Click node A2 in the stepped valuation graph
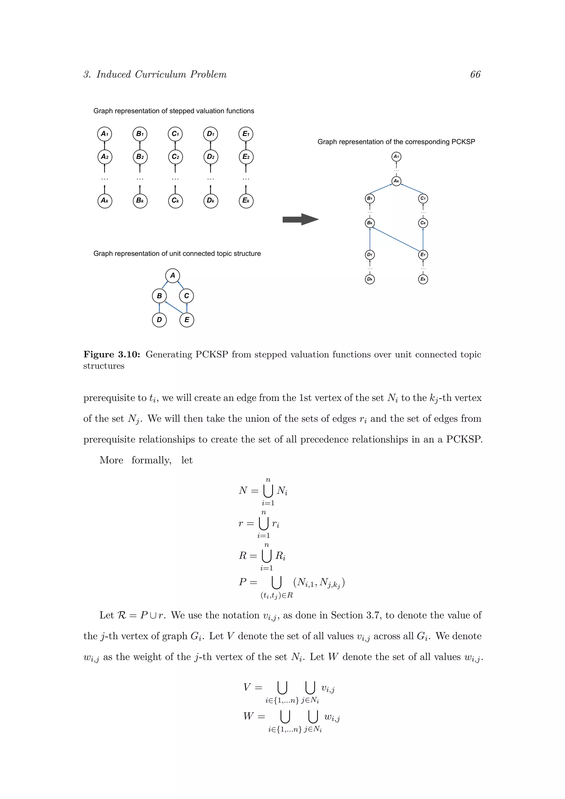(x=105, y=157)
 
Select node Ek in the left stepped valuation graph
(x=246, y=201)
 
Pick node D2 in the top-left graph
(x=210, y=157)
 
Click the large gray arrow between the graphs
(x=301, y=219)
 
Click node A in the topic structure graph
(x=172, y=276)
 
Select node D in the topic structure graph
(x=159, y=320)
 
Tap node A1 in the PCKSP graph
(x=396, y=157)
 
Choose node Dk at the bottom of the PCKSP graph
(x=370, y=279)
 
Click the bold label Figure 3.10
(x=112, y=354)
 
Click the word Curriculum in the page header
(x=160, y=74)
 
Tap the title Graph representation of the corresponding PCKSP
(x=396, y=142)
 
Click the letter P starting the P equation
(x=243, y=582)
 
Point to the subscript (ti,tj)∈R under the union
(x=277, y=595)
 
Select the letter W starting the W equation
(x=248, y=716)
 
